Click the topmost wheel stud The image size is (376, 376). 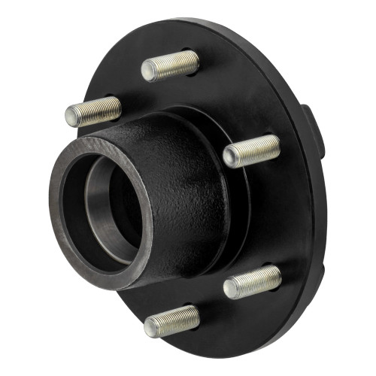pos(171,66)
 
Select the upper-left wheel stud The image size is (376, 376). pos(93,111)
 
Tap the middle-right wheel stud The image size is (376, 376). pos(252,151)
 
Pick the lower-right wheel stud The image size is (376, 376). pos(253,281)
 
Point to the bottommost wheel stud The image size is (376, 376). pos(172,321)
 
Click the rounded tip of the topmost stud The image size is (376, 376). pos(147,71)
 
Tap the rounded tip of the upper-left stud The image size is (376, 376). pos(71,116)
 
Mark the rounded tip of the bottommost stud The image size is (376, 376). pos(150,326)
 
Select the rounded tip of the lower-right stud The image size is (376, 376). pos(231,287)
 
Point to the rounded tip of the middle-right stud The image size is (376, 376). pos(231,156)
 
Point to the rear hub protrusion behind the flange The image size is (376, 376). pos(314,132)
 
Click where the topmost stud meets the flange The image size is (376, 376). pos(196,62)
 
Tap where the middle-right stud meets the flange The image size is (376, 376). pos(277,146)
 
